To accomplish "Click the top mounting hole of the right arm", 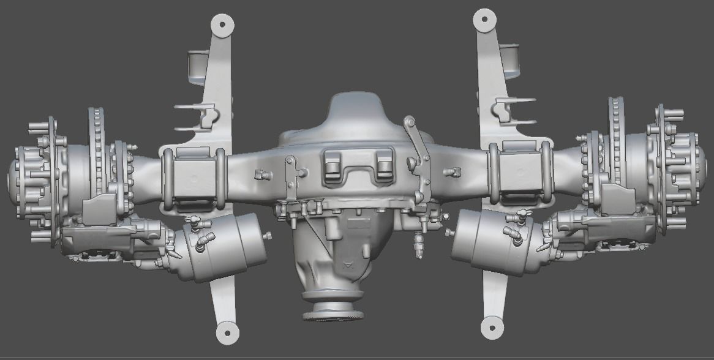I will click(485, 19).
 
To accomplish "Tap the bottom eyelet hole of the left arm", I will click(228, 332).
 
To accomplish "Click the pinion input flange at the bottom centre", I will click(333, 309).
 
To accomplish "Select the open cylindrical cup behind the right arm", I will click(510, 59).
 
